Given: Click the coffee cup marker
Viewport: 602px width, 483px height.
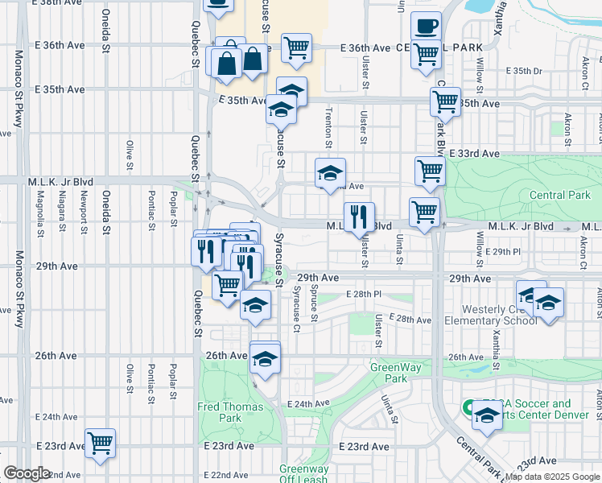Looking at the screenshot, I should click(426, 26).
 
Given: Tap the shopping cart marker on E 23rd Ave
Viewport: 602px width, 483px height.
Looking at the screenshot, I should click(100, 443).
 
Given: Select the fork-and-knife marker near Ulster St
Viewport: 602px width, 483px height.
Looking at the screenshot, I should click(359, 216).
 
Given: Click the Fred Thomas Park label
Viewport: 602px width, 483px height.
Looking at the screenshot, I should click(230, 412).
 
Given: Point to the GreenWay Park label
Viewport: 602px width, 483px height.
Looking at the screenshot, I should click(390, 373).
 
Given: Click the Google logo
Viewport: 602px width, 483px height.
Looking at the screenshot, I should click(27, 473).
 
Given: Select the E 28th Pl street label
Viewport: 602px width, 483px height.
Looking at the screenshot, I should click(363, 295).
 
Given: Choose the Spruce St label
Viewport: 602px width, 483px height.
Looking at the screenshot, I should click(315, 303).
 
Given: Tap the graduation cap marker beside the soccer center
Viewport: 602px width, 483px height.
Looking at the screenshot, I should click(487, 416).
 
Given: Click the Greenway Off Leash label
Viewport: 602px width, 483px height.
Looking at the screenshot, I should click(303, 474).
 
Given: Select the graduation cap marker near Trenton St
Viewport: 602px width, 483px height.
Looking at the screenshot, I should click(330, 173).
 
